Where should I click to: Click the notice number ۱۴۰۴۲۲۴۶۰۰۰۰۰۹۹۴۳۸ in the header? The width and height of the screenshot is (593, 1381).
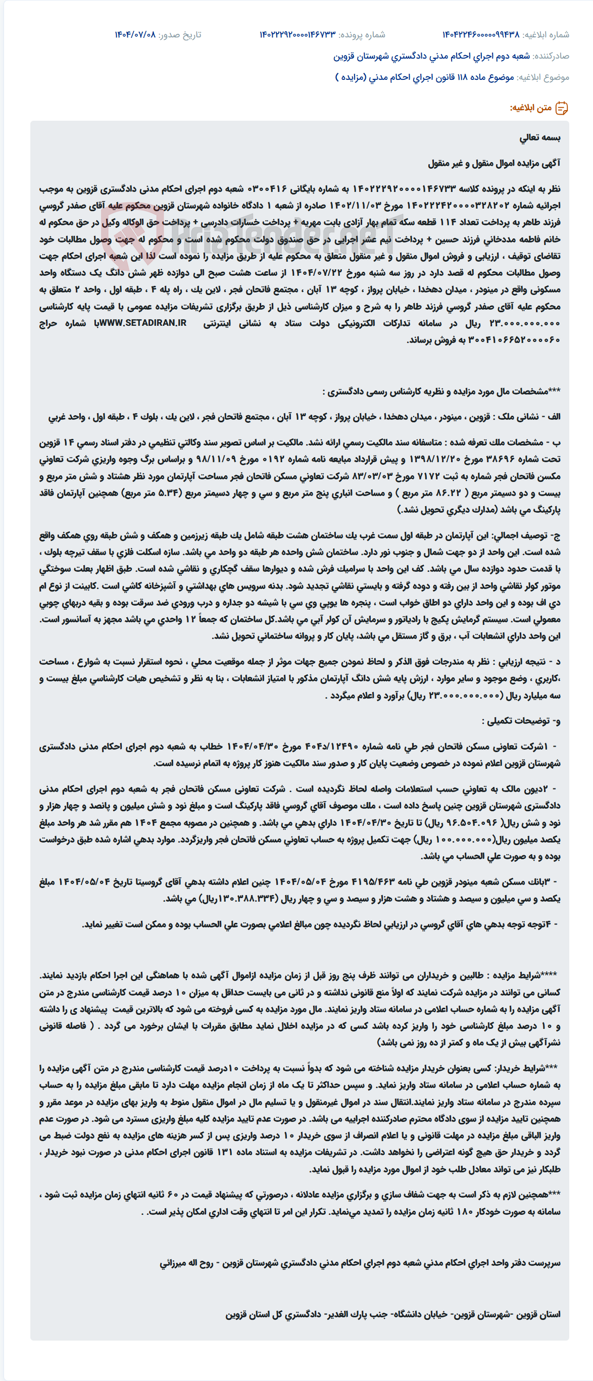(x=480, y=35)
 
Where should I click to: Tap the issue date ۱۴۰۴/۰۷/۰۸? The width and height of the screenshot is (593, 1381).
(x=134, y=35)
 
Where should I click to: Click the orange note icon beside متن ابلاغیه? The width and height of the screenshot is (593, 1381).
(x=561, y=108)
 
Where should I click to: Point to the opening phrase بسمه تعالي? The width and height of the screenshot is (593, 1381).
(x=540, y=138)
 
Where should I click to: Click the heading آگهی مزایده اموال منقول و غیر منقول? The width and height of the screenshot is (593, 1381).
(x=494, y=164)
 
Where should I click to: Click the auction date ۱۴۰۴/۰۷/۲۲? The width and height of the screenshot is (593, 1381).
(x=322, y=273)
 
